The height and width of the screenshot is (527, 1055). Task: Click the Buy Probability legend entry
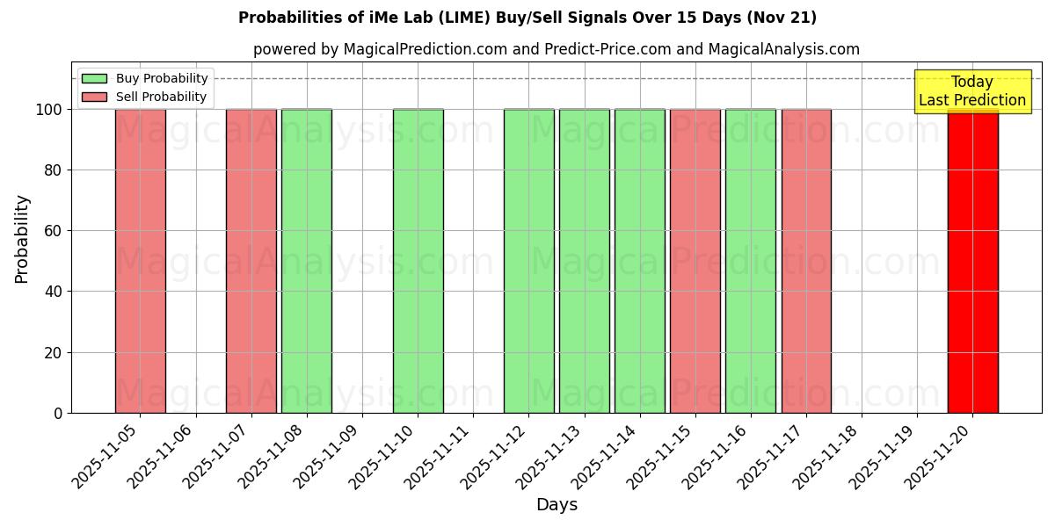coord(145,78)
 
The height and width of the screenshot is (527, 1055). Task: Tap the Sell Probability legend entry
coord(145,97)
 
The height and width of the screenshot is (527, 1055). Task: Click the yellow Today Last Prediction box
coord(972,91)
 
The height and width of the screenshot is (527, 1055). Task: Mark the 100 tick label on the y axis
coord(48,110)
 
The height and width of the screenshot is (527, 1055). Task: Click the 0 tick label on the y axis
coord(57,413)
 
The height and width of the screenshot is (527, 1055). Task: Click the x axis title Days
coord(557,505)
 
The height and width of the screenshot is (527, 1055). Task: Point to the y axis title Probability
coord(23,238)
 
